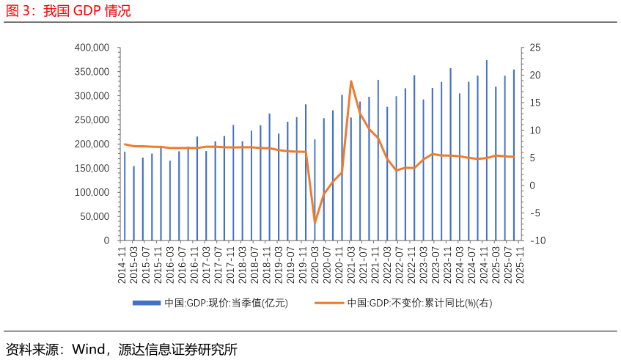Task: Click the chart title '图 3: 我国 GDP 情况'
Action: coord(69,11)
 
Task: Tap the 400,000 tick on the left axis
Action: coord(92,48)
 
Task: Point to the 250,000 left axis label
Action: coord(92,120)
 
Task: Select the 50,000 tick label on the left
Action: coord(95,216)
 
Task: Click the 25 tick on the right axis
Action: coord(536,48)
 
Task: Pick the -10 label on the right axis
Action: coord(537,240)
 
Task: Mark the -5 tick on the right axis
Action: coord(536,213)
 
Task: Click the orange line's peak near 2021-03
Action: coord(351,81)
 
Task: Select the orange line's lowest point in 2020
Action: coord(315,223)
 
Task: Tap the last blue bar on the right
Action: coord(513,155)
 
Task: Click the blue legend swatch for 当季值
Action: coord(147,303)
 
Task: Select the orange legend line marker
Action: coord(329,303)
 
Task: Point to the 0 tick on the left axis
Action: coord(106,240)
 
